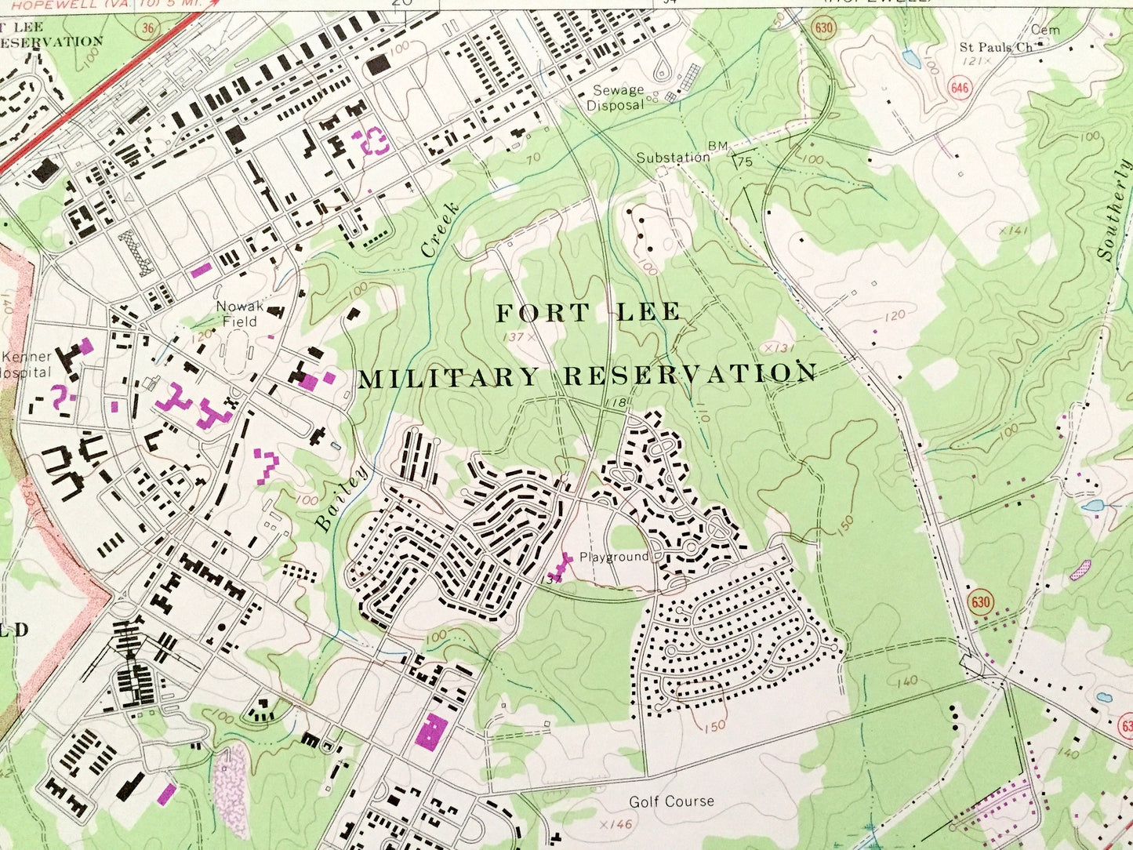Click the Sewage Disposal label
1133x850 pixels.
618,98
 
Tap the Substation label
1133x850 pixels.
673,158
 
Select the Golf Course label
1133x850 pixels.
671,801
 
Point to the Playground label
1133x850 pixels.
614,557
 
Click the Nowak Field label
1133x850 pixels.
240,314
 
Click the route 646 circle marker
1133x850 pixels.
960,86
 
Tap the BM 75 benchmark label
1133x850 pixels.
731,154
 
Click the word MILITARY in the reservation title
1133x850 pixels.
448,380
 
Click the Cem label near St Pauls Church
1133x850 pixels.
1044,30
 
